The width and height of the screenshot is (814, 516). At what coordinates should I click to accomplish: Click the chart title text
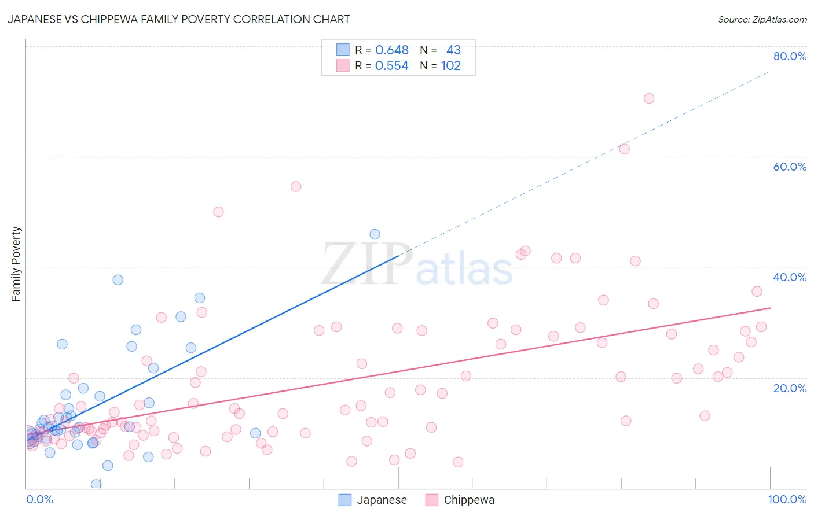[x=178, y=19]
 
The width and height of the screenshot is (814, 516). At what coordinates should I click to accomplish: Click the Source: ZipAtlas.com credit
[x=762, y=19]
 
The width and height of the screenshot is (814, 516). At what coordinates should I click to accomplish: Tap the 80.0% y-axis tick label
[x=790, y=56]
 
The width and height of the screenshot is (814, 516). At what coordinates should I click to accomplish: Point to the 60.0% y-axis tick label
[x=790, y=167]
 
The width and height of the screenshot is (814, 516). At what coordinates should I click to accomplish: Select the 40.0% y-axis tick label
[x=790, y=277]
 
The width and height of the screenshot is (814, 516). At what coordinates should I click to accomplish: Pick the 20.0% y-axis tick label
[x=790, y=388]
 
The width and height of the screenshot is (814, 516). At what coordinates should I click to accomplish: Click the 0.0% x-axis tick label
[x=39, y=499]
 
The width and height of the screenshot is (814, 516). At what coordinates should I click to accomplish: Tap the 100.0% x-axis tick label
[x=787, y=499]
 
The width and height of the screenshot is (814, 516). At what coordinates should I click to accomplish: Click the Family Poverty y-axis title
[x=16, y=264]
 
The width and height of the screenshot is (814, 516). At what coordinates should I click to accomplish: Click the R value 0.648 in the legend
[x=392, y=50]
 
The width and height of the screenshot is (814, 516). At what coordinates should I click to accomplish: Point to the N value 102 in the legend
[x=450, y=66]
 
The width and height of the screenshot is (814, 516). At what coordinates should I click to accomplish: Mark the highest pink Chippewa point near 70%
[x=649, y=98]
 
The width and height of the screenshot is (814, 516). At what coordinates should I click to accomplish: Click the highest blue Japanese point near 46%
[x=375, y=234]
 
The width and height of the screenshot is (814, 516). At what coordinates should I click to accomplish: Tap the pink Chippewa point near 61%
[x=624, y=149]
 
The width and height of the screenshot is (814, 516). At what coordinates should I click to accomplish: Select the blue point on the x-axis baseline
[x=96, y=484]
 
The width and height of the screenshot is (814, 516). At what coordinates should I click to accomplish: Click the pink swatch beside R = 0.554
[x=343, y=65]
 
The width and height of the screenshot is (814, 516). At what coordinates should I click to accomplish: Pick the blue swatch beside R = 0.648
[x=343, y=50]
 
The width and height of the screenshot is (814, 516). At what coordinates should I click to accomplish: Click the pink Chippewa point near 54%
[x=296, y=186]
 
